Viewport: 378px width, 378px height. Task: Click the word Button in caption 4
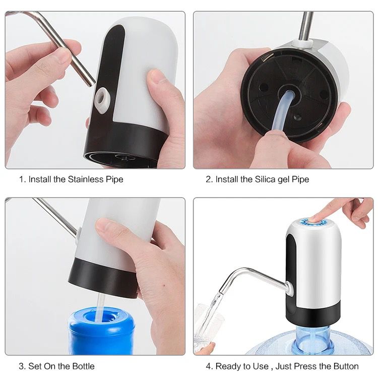(x=345, y=366)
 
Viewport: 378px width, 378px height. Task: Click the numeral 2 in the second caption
(x=208, y=179)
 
